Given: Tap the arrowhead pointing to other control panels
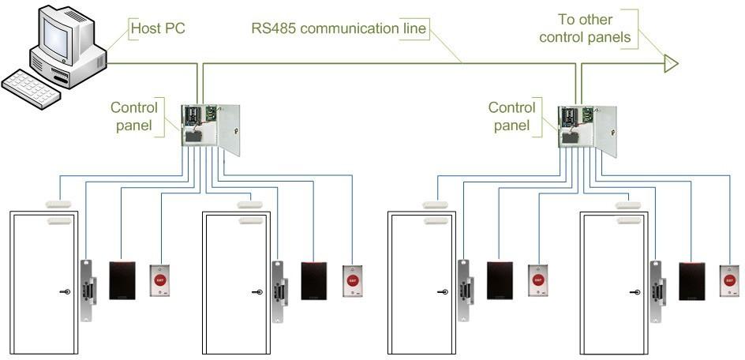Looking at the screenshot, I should click(x=670, y=63).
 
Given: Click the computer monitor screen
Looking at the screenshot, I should click(x=62, y=32).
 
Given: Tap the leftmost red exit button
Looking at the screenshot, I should click(x=160, y=280).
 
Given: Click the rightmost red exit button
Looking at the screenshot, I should click(x=728, y=280).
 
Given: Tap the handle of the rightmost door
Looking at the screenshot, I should click(x=634, y=292).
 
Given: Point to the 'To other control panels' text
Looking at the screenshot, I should click(x=586, y=28).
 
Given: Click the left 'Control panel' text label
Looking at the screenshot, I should click(x=134, y=115).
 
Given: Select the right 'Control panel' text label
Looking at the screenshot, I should click(x=511, y=115).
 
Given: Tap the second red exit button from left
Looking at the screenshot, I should click(x=351, y=280).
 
